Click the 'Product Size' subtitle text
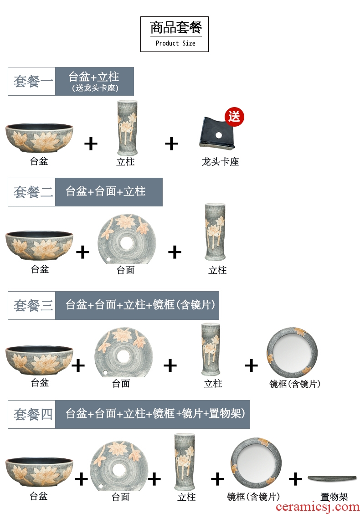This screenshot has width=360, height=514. click(175, 43)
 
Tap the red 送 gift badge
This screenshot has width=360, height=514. click(234, 117)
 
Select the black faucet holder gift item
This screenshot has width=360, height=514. click(217, 133)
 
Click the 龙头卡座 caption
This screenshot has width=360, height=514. click(220, 162)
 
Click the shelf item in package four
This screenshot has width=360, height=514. click(332, 478)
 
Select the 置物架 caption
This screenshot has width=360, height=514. click(334, 497)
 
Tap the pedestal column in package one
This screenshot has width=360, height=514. click(127, 128)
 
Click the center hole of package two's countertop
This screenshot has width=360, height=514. click(127, 242)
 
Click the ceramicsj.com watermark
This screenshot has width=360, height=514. click(317, 507)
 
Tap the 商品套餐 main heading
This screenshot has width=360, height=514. click(176, 27)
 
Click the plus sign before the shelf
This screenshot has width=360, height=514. click(295, 479)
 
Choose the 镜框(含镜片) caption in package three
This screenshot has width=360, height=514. click(295, 384)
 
